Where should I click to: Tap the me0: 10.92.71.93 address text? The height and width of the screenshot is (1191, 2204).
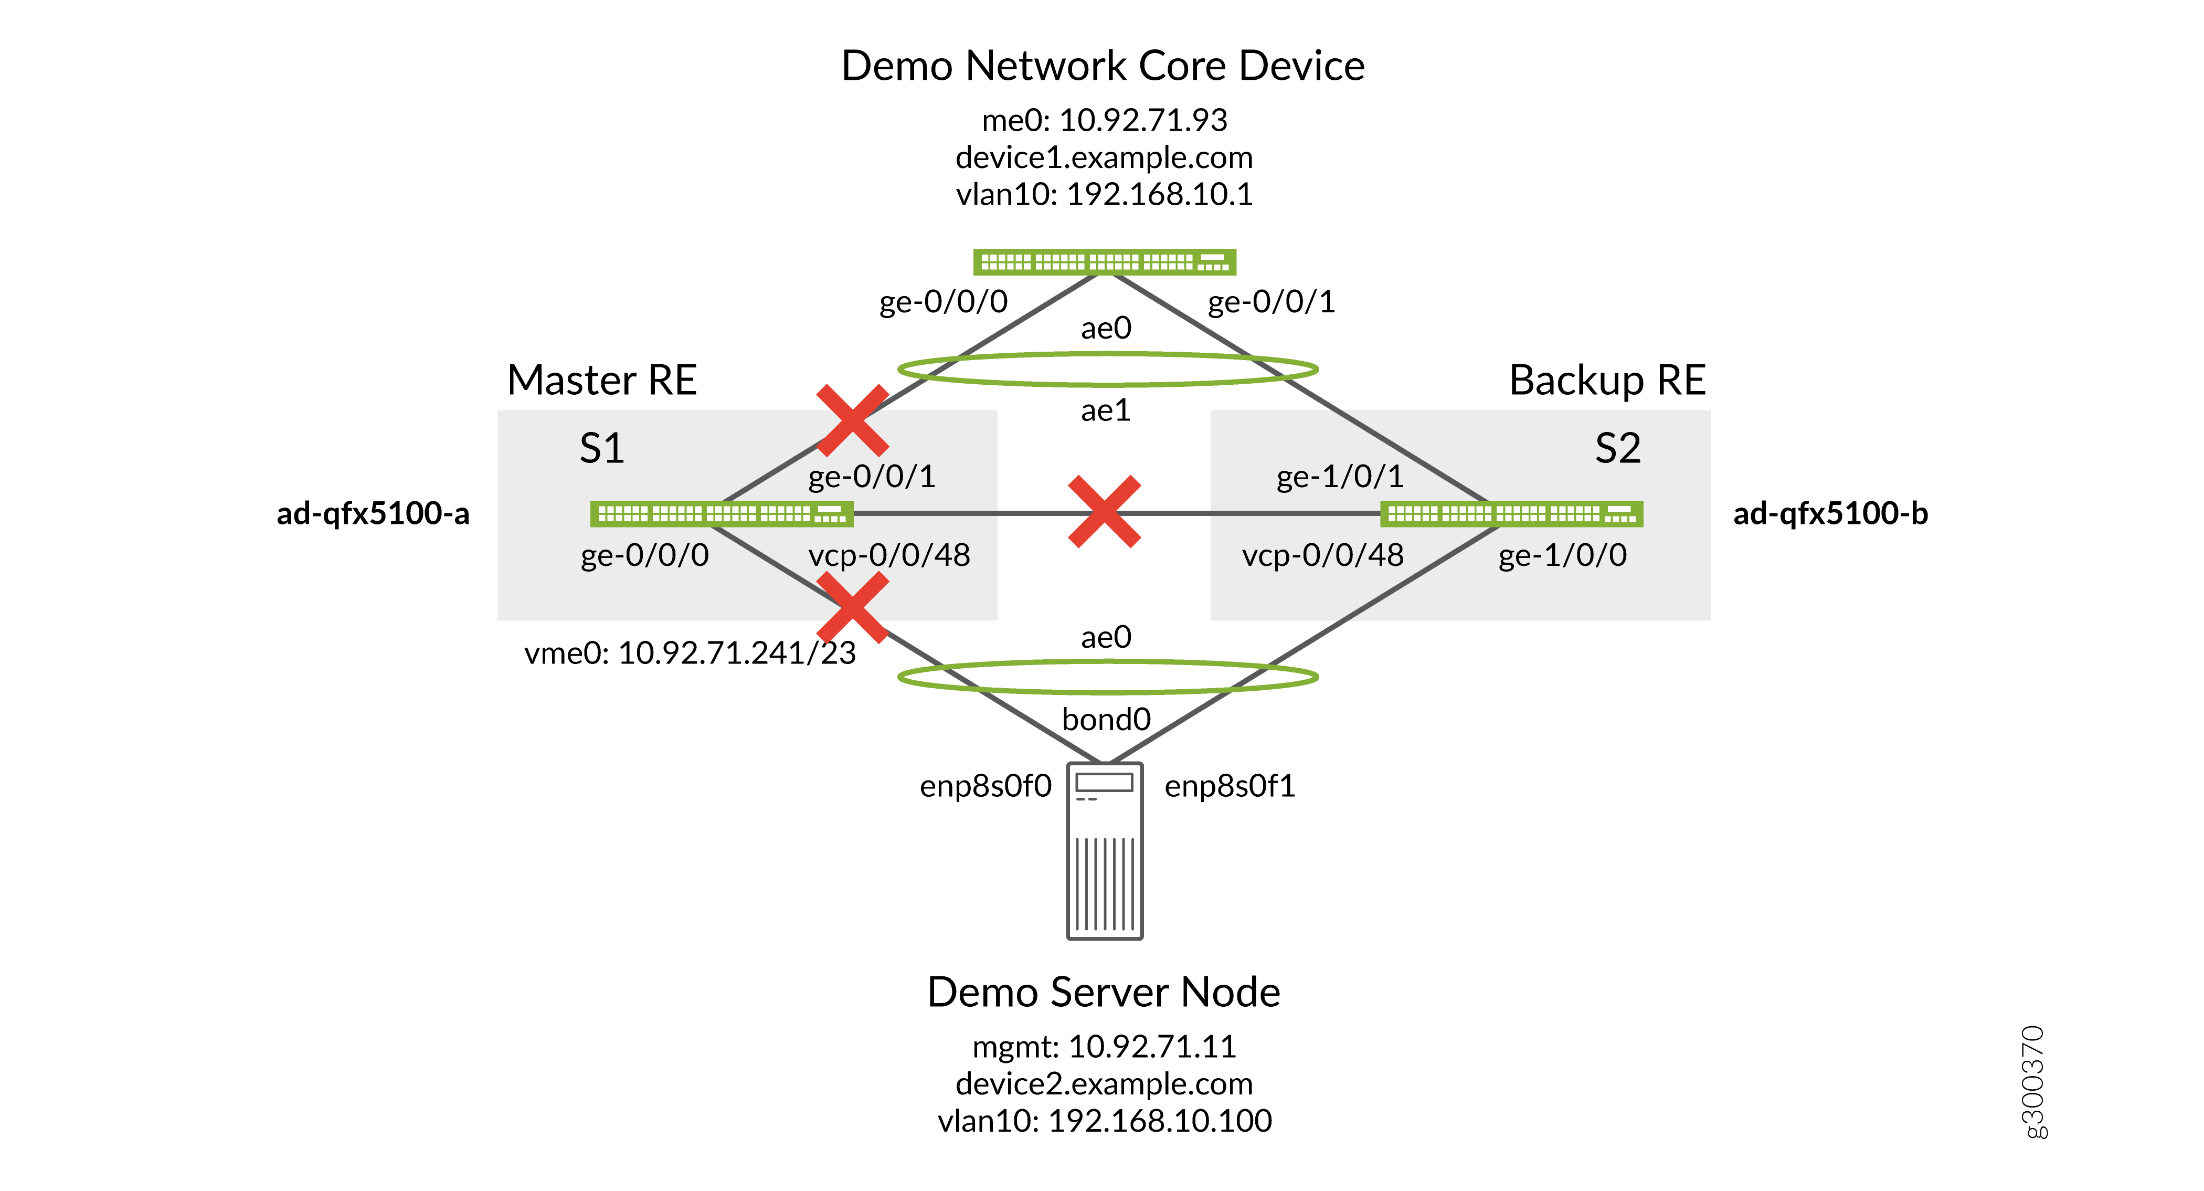1104,120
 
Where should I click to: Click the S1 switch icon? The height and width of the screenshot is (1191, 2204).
721,513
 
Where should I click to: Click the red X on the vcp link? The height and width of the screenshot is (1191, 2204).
1104,512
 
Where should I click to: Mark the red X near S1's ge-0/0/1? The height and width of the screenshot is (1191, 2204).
852,420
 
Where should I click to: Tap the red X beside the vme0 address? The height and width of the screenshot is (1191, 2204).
852,607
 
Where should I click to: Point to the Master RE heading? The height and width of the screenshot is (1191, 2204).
601,380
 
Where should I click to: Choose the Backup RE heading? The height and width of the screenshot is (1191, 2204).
1607,380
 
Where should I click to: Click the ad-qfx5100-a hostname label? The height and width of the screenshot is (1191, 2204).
373,513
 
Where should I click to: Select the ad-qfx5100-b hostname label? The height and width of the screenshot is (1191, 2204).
1830,513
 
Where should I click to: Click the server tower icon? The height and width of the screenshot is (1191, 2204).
1105,851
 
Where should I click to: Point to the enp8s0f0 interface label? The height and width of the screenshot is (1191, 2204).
985,785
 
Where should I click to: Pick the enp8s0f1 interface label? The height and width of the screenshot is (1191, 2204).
1230,785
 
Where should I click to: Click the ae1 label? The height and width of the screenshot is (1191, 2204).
1106,410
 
